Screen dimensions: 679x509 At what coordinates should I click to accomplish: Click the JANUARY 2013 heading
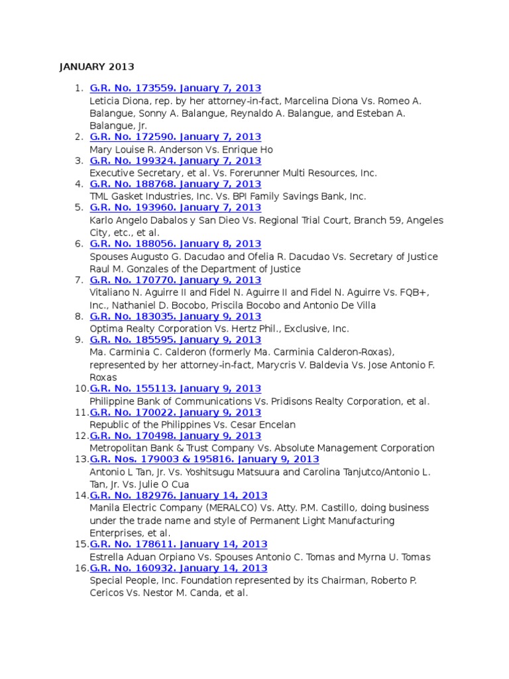[x=97, y=67]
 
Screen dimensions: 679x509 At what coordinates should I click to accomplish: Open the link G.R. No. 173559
[x=175, y=88]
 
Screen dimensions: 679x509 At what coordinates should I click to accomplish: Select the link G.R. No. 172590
[x=175, y=137]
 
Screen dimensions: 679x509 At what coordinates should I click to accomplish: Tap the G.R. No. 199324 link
[x=175, y=160]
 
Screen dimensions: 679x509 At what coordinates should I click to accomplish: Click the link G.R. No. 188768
[x=175, y=184]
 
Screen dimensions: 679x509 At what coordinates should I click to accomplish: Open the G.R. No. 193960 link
[x=175, y=208]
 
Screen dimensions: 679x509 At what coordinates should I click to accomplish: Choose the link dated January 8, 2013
[x=175, y=244]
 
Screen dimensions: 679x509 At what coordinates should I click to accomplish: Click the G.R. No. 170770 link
[x=175, y=280]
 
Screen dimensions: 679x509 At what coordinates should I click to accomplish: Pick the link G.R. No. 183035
[x=175, y=316]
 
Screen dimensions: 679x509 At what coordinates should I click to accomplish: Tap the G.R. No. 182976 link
[x=178, y=495]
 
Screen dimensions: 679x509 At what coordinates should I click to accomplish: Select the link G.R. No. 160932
[x=178, y=568]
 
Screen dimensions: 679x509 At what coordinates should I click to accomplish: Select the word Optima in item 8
[x=105, y=329]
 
